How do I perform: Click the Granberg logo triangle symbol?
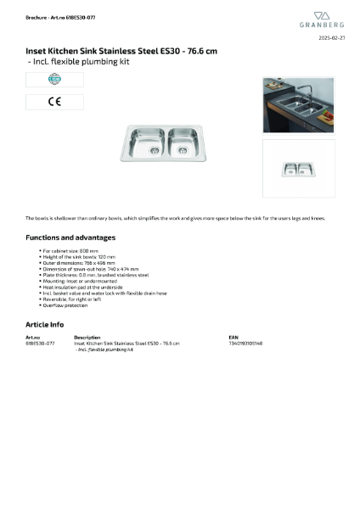(x=321, y=15)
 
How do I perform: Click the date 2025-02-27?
(x=330, y=38)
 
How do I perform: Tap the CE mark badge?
(x=54, y=102)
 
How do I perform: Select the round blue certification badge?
(x=54, y=80)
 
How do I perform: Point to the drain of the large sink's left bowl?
(x=155, y=151)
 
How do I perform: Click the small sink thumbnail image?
(x=297, y=168)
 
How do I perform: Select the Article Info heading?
(x=44, y=324)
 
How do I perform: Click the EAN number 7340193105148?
(x=245, y=344)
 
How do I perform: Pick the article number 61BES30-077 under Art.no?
(x=40, y=344)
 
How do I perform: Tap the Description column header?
(x=87, y=338)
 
